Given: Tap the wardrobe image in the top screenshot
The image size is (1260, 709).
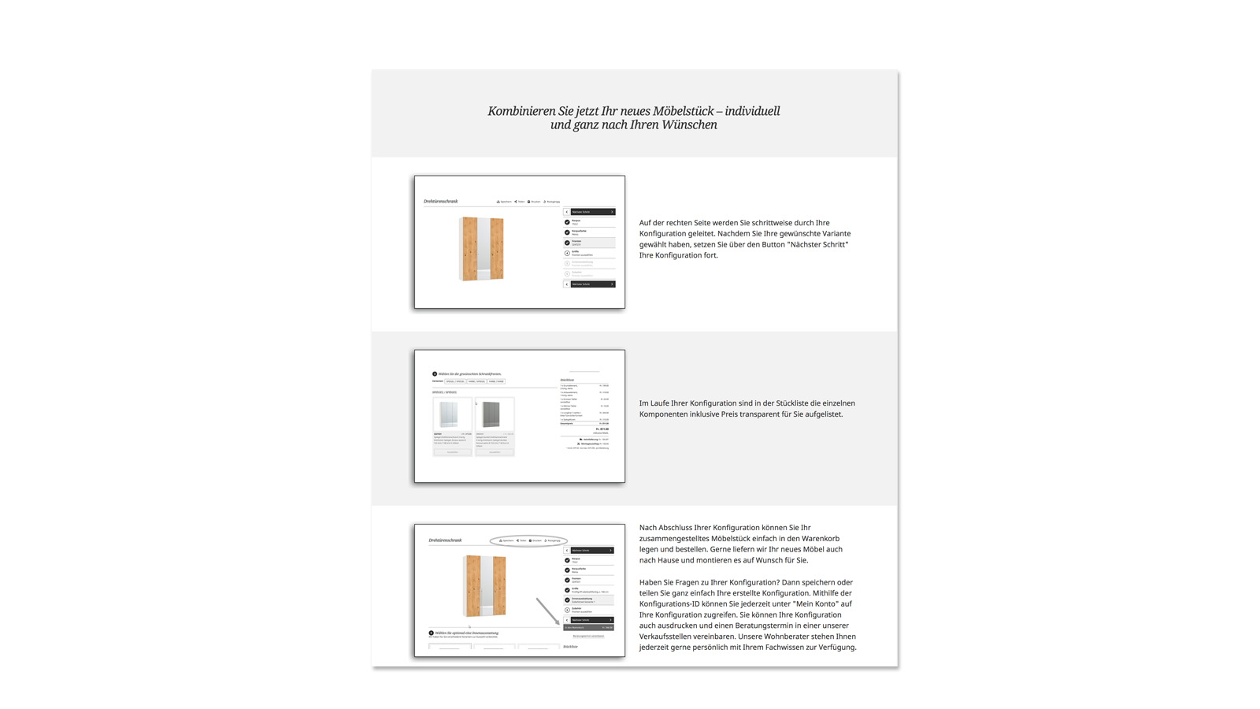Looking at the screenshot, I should pyautogui.click(x=481, y=249).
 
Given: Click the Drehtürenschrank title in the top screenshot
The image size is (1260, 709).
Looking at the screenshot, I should pyautogui.click(x=440, y=202).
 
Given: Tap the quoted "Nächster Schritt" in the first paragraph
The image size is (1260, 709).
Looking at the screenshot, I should pyautogui.click(x=818, y=244).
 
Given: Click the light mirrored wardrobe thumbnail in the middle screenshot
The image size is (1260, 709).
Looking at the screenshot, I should pyautogui.click(x=452, y=414).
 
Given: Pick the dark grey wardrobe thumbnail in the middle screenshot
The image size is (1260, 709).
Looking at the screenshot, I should pyautogui.click(x=495, y=414).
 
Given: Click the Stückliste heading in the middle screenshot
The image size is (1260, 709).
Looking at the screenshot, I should pyautogui.click(x=567, y=380).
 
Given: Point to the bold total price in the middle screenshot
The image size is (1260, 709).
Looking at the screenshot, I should pyautogui.click(x=602, y=429).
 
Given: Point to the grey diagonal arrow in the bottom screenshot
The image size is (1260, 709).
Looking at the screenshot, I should pyautogui.click(x=547, y=611).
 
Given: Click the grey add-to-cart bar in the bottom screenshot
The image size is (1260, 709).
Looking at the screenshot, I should pyautogui.click(x=588, y=628).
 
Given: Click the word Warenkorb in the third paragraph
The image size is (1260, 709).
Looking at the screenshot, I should pyautogui.click(x=820, y=539).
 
